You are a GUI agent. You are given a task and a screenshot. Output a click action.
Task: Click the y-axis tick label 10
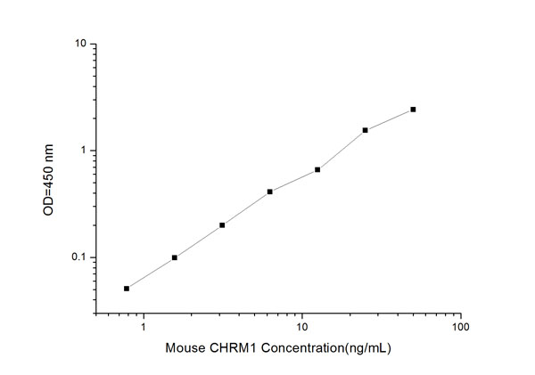79,44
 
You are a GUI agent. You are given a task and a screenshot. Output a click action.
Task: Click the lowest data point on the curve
127,289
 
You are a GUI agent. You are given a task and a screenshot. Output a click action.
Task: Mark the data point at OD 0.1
175,257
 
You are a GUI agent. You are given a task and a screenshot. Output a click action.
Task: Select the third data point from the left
222,224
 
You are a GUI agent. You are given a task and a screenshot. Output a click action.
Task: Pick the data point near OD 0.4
269,192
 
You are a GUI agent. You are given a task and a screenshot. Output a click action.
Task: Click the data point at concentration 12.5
317,169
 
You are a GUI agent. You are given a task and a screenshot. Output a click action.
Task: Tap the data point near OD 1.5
366,130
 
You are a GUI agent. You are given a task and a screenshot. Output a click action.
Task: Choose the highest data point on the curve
413,110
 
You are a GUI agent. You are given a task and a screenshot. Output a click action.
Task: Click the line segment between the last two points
390,119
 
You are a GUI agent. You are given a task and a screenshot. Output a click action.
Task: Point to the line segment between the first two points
151,273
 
